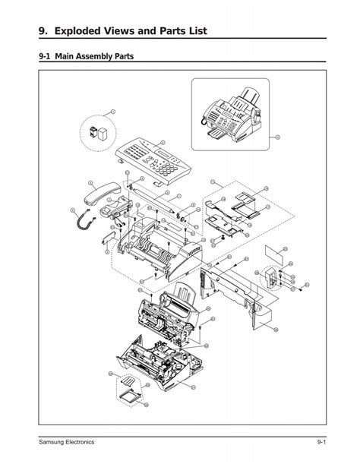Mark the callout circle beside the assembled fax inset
[278, 137]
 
